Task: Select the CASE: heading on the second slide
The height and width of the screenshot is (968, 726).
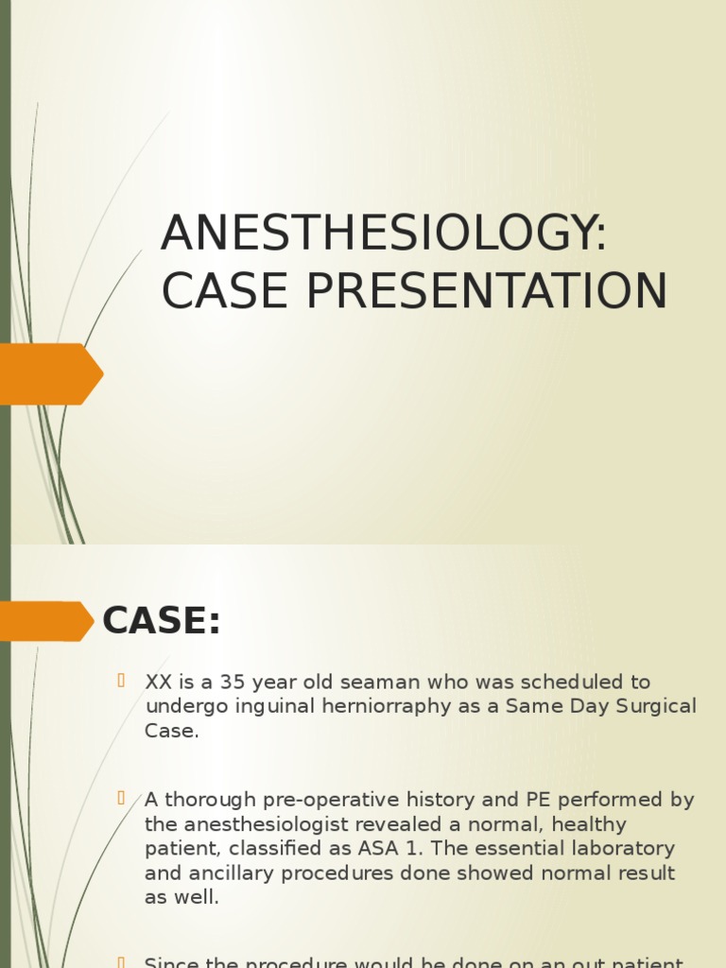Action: pos(161,621)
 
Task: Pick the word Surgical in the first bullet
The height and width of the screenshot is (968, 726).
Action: pos(653,706)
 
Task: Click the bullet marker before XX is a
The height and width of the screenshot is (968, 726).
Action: pos(121,681)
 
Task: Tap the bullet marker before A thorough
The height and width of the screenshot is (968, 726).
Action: pos(121,799)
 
